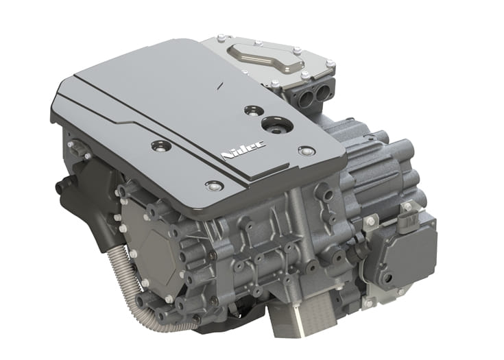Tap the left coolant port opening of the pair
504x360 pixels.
pos(307,96)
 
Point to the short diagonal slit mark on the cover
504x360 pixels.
pos(220,84)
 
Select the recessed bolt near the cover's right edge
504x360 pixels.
pos(305,151)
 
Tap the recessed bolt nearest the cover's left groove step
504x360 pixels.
pos(160,147)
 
